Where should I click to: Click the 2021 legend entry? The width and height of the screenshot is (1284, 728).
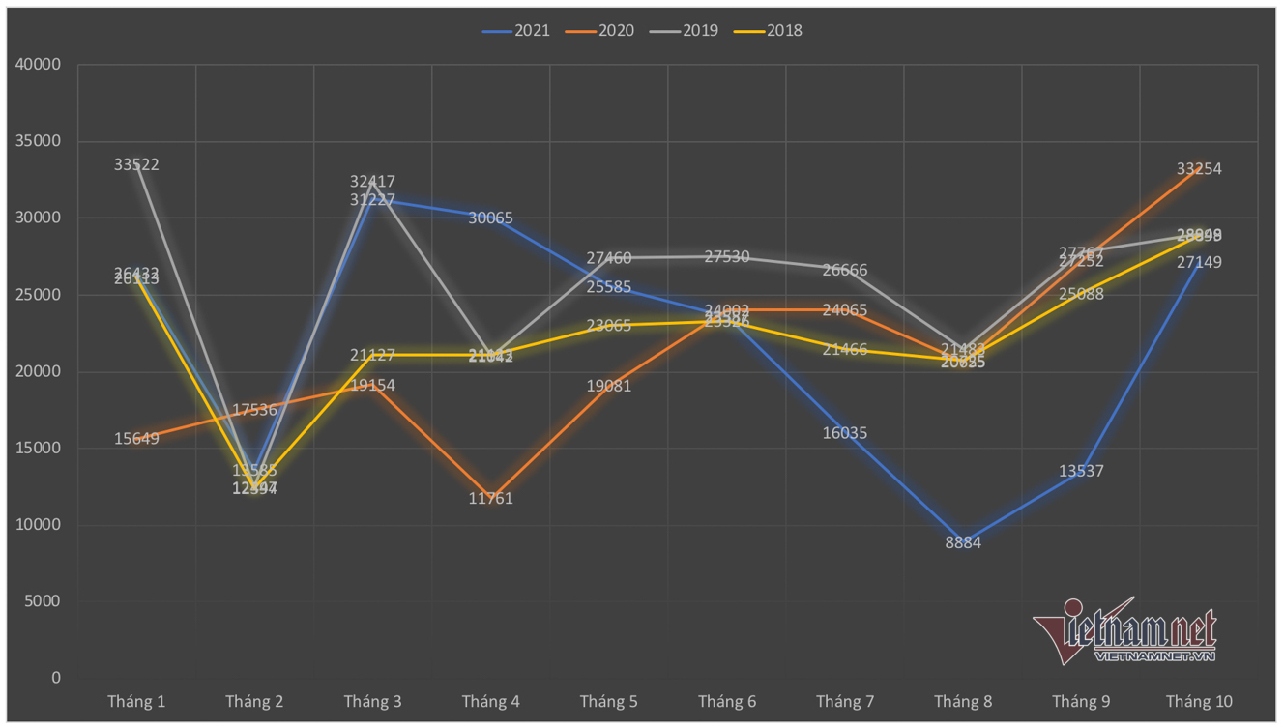(x=516, y=31)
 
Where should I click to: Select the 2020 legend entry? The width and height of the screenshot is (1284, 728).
(x=600, y=31)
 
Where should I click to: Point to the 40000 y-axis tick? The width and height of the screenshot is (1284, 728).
(x=38, y=65)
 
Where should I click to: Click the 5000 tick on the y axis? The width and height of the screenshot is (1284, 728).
(x=42, y=601)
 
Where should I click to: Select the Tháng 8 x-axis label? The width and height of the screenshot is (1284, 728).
(x=963, y=702)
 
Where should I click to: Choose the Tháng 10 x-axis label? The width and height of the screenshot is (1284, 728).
(x=1199, y=702)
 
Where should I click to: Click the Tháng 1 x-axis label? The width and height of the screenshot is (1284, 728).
(x=136, y=702)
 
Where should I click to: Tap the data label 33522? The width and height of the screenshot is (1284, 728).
(x=136, y=165)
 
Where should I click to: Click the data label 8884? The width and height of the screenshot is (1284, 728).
(x=963, y=543)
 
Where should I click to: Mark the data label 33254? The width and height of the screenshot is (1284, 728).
(x=1199, y=169)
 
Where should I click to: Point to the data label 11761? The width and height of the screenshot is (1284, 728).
(x=490, y=499)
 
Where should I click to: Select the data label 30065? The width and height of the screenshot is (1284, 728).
(x=490, y=218)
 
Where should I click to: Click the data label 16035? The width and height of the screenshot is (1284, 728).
(x=845, y=433)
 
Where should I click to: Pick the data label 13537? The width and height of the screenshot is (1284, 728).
(x=1081, y=472)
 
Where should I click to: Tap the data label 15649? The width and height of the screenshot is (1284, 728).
(x=136, y=439)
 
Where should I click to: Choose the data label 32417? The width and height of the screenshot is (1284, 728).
(x=372, y=182)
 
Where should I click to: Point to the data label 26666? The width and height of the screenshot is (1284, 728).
(x=845, y=271)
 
